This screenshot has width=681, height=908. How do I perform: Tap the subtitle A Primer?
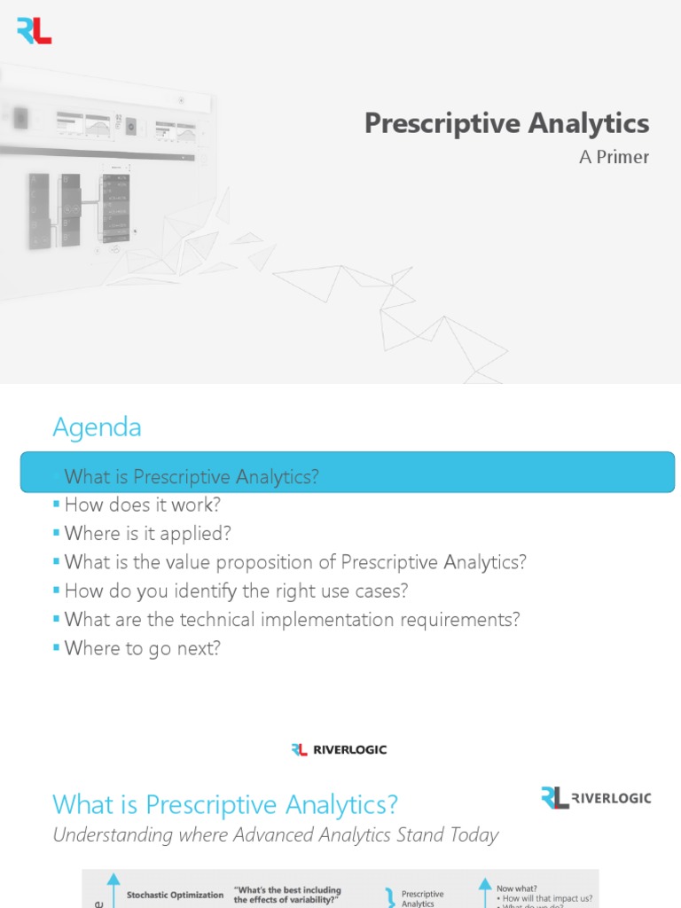614,157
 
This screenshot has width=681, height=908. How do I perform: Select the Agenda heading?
97,427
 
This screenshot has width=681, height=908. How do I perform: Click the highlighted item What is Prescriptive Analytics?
191,477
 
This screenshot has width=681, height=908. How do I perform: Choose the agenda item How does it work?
142,505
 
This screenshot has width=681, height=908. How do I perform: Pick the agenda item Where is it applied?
147,534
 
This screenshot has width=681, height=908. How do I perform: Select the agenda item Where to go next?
142,647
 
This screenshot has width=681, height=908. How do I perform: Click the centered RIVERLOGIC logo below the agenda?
340,750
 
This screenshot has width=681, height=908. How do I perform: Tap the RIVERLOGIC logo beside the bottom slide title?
596,797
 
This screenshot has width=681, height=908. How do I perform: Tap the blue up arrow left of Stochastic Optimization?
113,888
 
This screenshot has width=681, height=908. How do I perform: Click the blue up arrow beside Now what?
485,888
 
